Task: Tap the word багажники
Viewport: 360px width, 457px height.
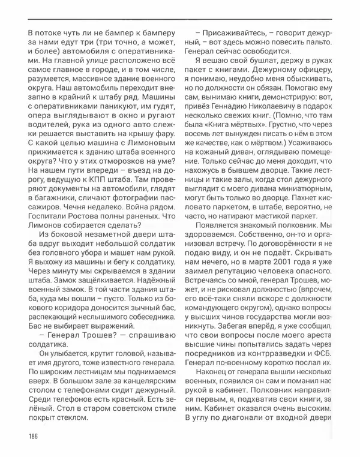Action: (61, 194)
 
